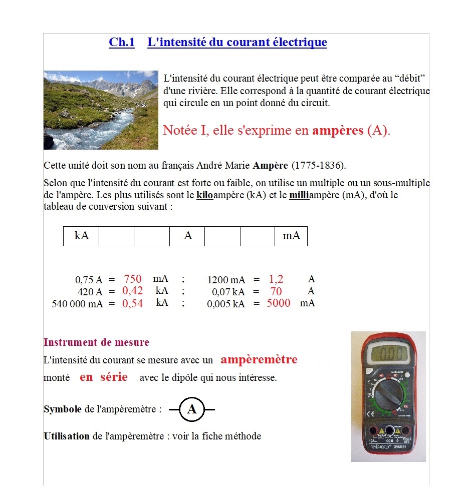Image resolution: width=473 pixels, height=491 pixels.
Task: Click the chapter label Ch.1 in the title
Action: click(122, 43)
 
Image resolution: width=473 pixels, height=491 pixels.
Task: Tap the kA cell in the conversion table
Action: click(81, 236)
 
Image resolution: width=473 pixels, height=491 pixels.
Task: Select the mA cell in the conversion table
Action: click(291, 236)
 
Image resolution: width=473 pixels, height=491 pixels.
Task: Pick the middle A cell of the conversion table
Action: click(187, 236)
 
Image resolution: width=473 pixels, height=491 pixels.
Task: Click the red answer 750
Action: click(133, 279)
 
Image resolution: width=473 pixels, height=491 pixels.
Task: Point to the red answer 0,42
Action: click(133, 291)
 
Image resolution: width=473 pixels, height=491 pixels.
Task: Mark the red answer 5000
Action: click(279, 303)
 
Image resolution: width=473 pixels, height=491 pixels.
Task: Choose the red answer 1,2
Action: click(276, 279)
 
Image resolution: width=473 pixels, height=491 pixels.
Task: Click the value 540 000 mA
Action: click(77, 304)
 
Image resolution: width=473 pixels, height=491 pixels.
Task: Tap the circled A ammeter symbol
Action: click(191, 409)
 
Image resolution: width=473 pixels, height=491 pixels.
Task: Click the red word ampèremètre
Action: click(259, 360)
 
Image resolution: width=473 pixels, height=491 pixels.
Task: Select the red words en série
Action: click(104, 377)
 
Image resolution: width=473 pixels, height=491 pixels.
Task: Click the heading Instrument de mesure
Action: click(96, 343)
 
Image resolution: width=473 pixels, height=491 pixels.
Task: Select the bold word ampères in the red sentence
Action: click(338, 131)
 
